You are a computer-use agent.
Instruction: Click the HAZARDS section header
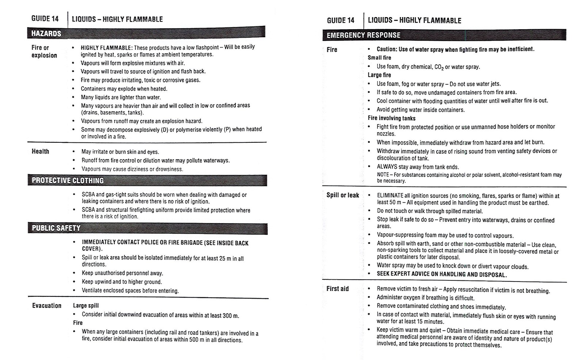click(x=46, y=34)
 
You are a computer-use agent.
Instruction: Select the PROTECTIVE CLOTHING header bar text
click(x=68, y=180)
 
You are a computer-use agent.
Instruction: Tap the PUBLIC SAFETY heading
click(x=56, y=228)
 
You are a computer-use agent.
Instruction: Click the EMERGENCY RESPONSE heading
click(x=363, y=35)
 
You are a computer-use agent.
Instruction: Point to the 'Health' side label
click(x=40, y=151)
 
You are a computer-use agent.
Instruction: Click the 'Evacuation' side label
click(x=47, y=306)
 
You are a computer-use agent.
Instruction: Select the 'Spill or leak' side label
click(x=342, y=195)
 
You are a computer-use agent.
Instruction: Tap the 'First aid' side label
click(x=337, y=289)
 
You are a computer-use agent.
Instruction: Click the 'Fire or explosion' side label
click(x=44, y=51)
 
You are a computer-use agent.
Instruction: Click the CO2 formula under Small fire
click(x=438, y=67)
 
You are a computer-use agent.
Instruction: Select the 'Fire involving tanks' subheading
click(x=391, y=118)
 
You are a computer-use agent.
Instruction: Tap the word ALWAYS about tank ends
click(x=387, y=167)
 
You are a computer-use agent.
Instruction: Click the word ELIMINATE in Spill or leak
click(x=390, y=196)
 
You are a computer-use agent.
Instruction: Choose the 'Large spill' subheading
click(x=86, y=306)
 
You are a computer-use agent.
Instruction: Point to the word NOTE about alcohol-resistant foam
click(x=383, y=175)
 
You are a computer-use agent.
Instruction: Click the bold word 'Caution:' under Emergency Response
click(x=387, y=49)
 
